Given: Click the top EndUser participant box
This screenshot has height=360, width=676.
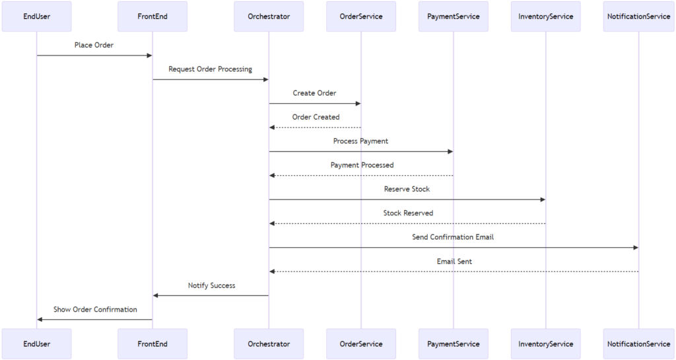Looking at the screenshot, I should [x=36, y=17].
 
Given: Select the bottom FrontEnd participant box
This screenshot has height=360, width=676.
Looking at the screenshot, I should [x=152, y=343].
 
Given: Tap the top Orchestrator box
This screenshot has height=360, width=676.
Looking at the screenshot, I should [x=269, y=17].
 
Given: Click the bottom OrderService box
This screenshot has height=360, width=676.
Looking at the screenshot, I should [x=361, y=343].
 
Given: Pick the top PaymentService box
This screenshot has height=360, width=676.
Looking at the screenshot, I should [x=454, y=17].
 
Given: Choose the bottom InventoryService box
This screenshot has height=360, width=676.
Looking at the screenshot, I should [x=546, y=343].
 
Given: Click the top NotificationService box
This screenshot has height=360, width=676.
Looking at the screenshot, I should [x=638, y=17].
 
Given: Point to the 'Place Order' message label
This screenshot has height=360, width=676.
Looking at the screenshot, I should [x=94, y=45].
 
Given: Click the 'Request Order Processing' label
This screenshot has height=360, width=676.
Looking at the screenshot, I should [x=210, y=69].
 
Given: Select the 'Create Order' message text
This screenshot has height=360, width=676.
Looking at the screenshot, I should [x=314, y=93].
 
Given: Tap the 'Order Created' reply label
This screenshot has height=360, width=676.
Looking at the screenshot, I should [x=316, y=117].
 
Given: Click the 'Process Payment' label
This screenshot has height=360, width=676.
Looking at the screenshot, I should [x=360, y=141].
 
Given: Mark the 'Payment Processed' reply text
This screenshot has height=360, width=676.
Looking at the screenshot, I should [x=362, y=165].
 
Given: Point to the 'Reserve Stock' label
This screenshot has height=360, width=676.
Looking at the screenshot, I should [x=407, y=189].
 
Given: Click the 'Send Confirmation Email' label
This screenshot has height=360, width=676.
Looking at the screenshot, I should [x=453, y=236].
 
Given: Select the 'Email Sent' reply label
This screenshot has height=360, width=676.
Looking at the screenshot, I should [x=454, y=261].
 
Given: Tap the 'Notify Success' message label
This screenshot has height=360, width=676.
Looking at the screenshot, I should [x=211, y=285].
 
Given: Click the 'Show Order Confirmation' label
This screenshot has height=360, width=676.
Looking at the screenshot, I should [x=95, y=309].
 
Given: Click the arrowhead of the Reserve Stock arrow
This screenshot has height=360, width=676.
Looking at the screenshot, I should [x=543, y=199].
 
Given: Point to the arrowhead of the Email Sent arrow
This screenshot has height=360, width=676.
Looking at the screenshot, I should [x=272, y=271].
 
